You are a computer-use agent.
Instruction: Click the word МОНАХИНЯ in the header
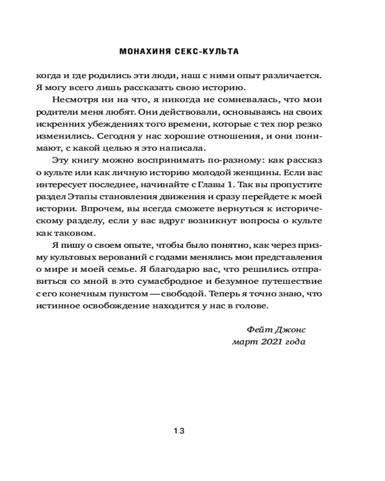pos(142,51)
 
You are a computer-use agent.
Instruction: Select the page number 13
pos(179,431)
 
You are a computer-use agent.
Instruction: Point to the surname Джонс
pos(290,330)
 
